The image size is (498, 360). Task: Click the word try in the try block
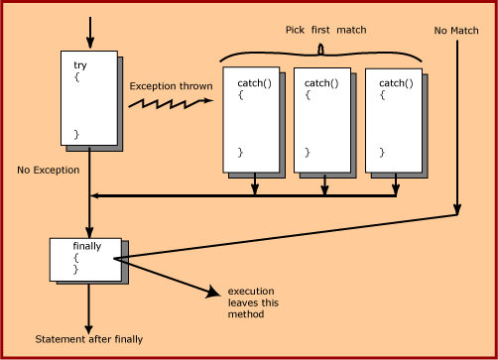(x=80, y=65)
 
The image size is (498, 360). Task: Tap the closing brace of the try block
(x=76, y=135)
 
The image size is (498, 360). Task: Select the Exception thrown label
(x=171, y=86)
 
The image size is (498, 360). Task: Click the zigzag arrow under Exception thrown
(x=171, y=103)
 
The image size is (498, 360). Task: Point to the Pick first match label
(x=326, y=30)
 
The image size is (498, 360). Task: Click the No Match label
(x=456, y=31)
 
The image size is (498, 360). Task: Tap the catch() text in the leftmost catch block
(x=254, y=83)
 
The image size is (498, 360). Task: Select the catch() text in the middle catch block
(x=321, y=83)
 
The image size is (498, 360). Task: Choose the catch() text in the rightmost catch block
(x=396, y=83)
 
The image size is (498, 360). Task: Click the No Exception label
(x=49, y=170)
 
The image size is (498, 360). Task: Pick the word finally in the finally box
(x=87, y=246)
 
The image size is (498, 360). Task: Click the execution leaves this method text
(x=253, y=302)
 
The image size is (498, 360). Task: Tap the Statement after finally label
(x=89, y=339)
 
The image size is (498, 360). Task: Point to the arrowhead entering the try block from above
(x=90, y=44)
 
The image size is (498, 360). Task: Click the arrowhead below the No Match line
(x=457, y=209)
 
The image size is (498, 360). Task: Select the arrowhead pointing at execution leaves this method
(x=213, y=292)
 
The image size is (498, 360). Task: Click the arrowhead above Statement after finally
(x=88, y=329)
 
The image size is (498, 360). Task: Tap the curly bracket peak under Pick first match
(x=320, y=49)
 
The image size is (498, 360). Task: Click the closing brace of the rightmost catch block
(x=382, y=153)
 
